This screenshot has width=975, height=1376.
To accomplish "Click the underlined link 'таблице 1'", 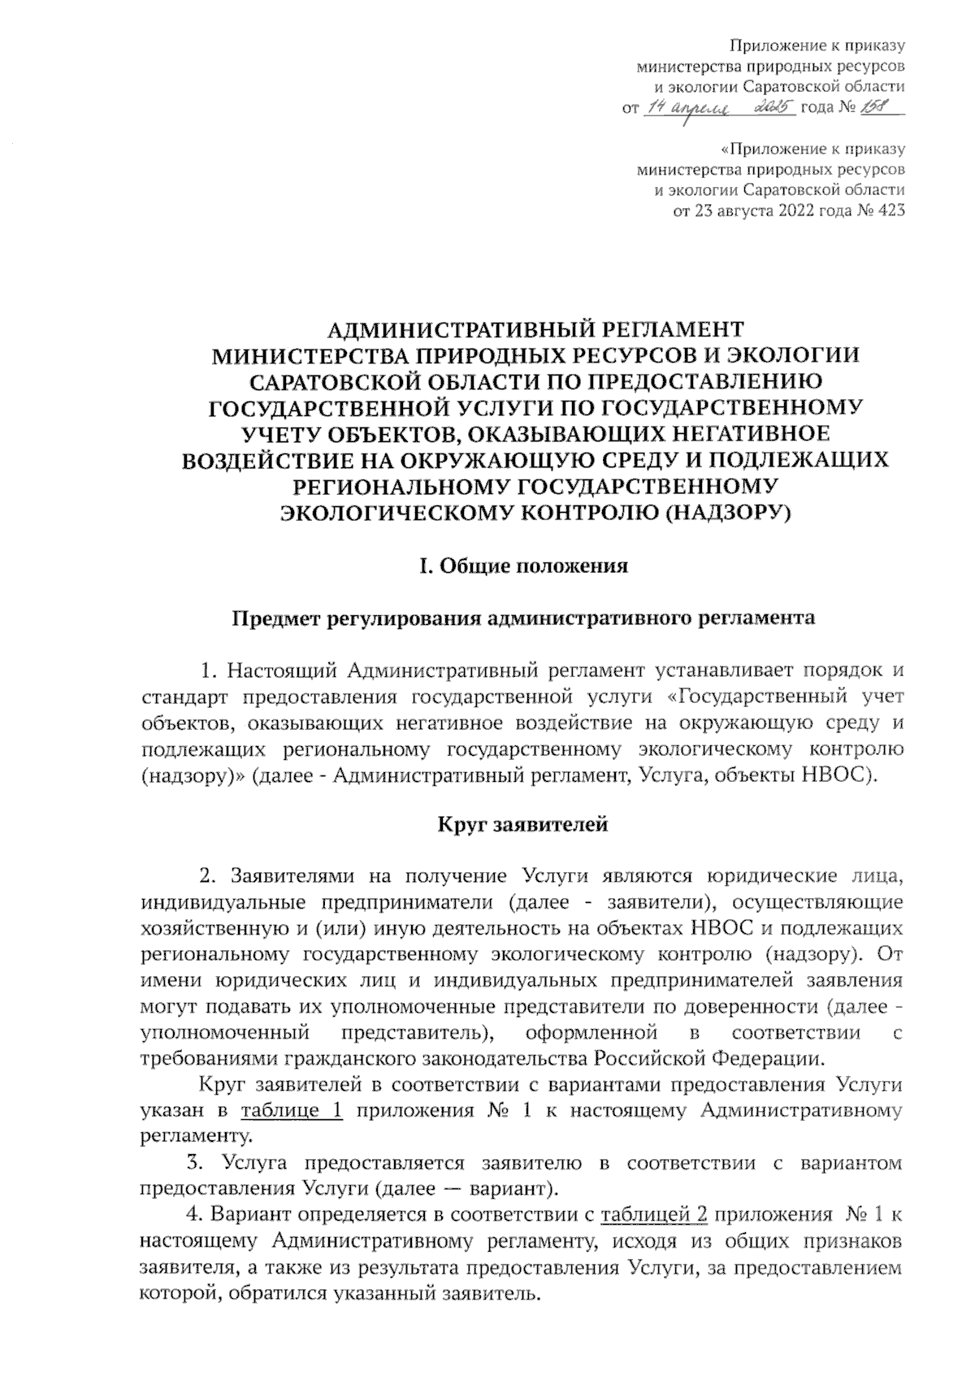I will [292, 1111].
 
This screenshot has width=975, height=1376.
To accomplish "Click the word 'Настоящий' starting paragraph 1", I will [281, 671].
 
